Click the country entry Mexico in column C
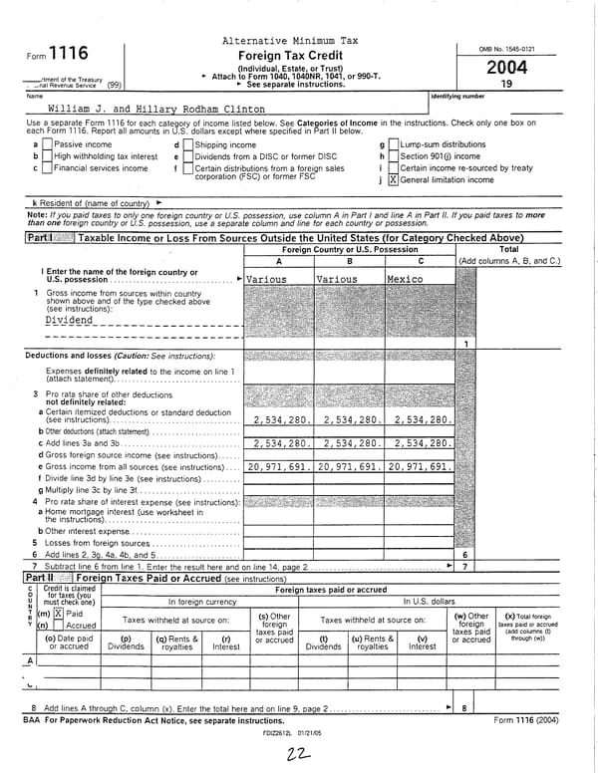click(x=406, y=280)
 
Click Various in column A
click(x=267, y=280)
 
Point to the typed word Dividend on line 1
click(x=70, y=321)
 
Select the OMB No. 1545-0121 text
click(x=514, y=48)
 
